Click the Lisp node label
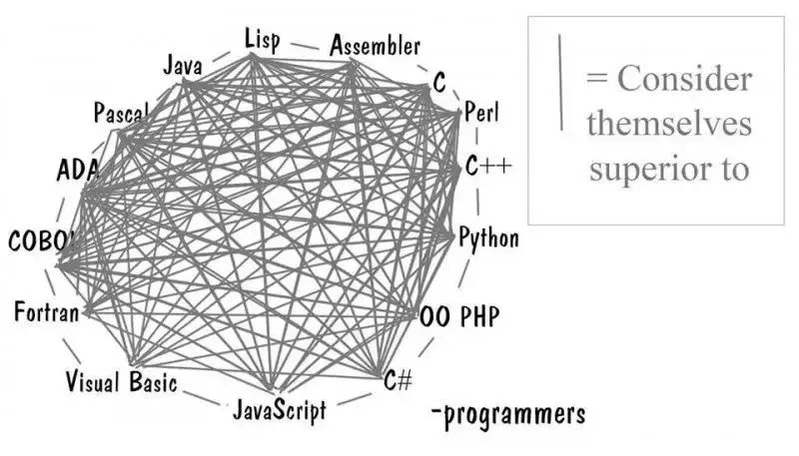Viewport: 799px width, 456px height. click(x=262, y=40)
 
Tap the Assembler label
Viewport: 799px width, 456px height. click(x=376, y=46)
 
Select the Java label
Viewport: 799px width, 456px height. click(x=183, y=66)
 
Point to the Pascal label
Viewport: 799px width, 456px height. click(x=121, y=113)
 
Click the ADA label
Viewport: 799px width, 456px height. click(x=78, y=170)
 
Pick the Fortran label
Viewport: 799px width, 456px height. click(x=47, y=311)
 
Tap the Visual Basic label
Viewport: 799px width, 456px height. click(x=121, y=382)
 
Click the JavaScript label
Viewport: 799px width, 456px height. click(x=280, y=409)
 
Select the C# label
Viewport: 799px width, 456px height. click(x=398, y=379)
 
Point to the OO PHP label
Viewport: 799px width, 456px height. click(x=459, y=316)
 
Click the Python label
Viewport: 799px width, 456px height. click(x=488, y=238)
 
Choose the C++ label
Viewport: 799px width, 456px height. click(x=488, y=166)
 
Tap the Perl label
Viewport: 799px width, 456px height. click(x=481, y=112)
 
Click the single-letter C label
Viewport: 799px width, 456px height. click(x=439, y=82)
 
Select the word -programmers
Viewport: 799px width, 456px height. click(x=508, y=414)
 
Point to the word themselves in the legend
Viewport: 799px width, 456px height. click(x=669, y=124)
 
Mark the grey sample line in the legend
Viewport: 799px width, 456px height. click(x=560, y=82)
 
